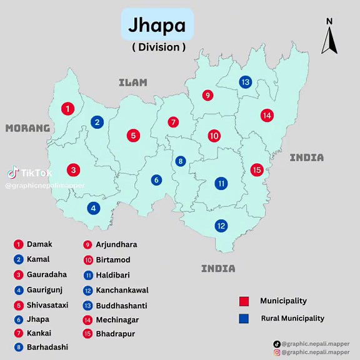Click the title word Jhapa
[157, 25]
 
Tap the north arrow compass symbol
[329, 39]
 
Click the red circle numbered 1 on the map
[67, 109]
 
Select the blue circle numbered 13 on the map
[246, 82]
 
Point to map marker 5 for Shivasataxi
[132, 135]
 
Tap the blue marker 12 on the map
[221, 226]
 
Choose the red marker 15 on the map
[256, 169]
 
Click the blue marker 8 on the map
[181, 161]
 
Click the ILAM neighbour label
[133, 82]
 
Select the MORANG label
[27, 128]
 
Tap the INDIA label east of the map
[306, 157]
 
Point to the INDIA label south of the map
[218, 269]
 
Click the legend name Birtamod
[112, 260]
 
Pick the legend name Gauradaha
[46, 274]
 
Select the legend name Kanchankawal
[122, 290]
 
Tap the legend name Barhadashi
[47, 347]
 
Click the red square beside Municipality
[244, 301]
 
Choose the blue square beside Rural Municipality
[244, 319]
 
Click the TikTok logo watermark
[13, 172]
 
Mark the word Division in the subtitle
[158, 47]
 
